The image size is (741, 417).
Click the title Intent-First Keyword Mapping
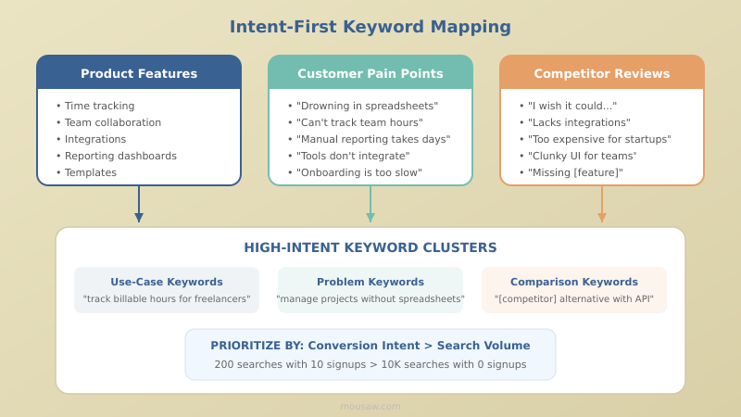[370, 27]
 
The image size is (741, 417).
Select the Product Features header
[139, 73]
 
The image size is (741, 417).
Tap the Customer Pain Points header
[370, 73]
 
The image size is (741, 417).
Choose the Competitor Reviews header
[602, 73]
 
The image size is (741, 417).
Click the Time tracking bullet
[99, 106]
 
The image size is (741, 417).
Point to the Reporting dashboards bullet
[120, 156]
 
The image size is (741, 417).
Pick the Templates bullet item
[91, 172]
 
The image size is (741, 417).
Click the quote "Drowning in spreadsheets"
[367, 106]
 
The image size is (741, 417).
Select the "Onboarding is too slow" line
[358, 172]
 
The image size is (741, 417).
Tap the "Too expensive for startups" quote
[599, 139]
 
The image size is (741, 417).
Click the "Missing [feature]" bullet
[575, 172]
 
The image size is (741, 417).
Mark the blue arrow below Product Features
[139, 205]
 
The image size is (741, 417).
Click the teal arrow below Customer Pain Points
[370, 205]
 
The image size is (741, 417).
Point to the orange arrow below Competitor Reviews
[602, 205]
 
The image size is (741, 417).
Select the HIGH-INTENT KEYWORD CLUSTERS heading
[370, 247]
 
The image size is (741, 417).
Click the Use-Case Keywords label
[167, 282]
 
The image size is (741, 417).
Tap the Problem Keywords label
[370, 282]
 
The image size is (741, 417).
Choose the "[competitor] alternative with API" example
[574, 299]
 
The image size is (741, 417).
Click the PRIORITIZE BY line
[370, 345]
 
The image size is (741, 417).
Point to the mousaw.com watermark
[370, 406]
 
